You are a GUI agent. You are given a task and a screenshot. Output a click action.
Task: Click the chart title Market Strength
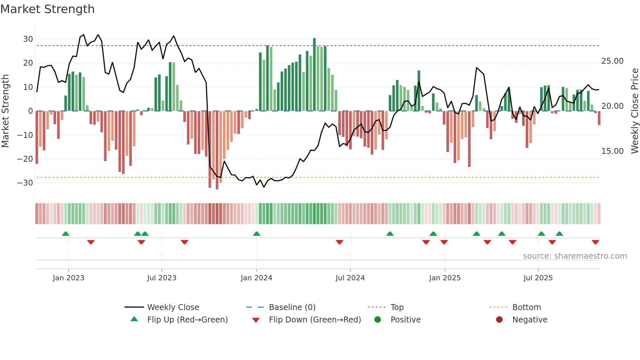click(x=47, y=9)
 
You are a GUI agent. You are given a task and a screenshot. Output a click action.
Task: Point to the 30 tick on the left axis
click(x=28, y=39)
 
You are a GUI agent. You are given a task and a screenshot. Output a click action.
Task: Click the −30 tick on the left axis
click(x=25, y=183)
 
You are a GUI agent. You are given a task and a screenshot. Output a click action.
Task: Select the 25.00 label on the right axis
click(x=612, y=61)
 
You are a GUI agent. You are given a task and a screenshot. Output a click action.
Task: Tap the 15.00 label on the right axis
click(x=612, y=151)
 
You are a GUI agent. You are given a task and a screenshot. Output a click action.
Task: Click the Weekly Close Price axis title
click(x=634, y=111)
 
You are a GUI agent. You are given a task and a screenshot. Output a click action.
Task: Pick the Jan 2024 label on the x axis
click(x=256, y=278)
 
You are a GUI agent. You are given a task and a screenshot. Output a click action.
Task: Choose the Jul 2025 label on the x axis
click(x=538, y=278)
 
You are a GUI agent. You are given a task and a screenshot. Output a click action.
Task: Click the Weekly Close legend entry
click(x=173, y=307)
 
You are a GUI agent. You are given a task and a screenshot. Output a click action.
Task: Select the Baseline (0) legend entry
click(x=292, y=307)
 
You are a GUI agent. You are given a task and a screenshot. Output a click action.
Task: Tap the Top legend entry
click(x=397, y=307)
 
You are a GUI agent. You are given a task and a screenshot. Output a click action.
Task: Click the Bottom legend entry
click(x=526, y=307)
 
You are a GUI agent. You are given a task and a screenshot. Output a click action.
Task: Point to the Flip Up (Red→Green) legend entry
click(x=187, y=320)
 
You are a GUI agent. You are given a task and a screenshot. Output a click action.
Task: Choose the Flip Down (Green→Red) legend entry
click(x=315, y=320)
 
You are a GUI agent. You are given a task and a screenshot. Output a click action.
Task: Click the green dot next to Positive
click(x=378, y=320)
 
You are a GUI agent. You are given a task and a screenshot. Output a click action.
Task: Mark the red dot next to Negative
click(x=499, y=320)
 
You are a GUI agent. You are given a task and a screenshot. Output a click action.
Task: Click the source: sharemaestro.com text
click(x=575, y=256)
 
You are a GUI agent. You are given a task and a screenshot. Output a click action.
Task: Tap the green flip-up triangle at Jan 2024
click(x=257, y=234)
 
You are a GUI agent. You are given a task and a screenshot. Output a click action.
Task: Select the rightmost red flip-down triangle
click(x=595, y=242)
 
